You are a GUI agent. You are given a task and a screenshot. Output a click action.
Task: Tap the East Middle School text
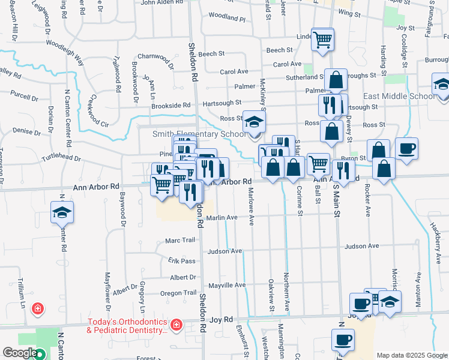tap(399, 96)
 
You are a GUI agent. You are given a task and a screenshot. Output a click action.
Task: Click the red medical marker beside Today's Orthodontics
tap(176, 325)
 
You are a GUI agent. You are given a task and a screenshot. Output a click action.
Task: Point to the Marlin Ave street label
tap(222, 218)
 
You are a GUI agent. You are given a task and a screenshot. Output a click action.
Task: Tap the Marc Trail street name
tap(180, 240)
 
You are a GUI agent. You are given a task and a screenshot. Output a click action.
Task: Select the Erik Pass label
tap(182, 261)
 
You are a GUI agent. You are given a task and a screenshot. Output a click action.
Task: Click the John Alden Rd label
tap(161, 2)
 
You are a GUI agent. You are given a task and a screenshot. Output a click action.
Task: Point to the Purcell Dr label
tap(24, 95)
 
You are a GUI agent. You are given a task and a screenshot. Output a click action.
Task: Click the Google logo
tap(20, 353)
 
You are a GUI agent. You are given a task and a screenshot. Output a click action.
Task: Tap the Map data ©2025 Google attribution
tap(412, 355)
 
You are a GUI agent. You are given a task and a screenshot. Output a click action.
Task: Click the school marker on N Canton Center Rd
tap(62, 214)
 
